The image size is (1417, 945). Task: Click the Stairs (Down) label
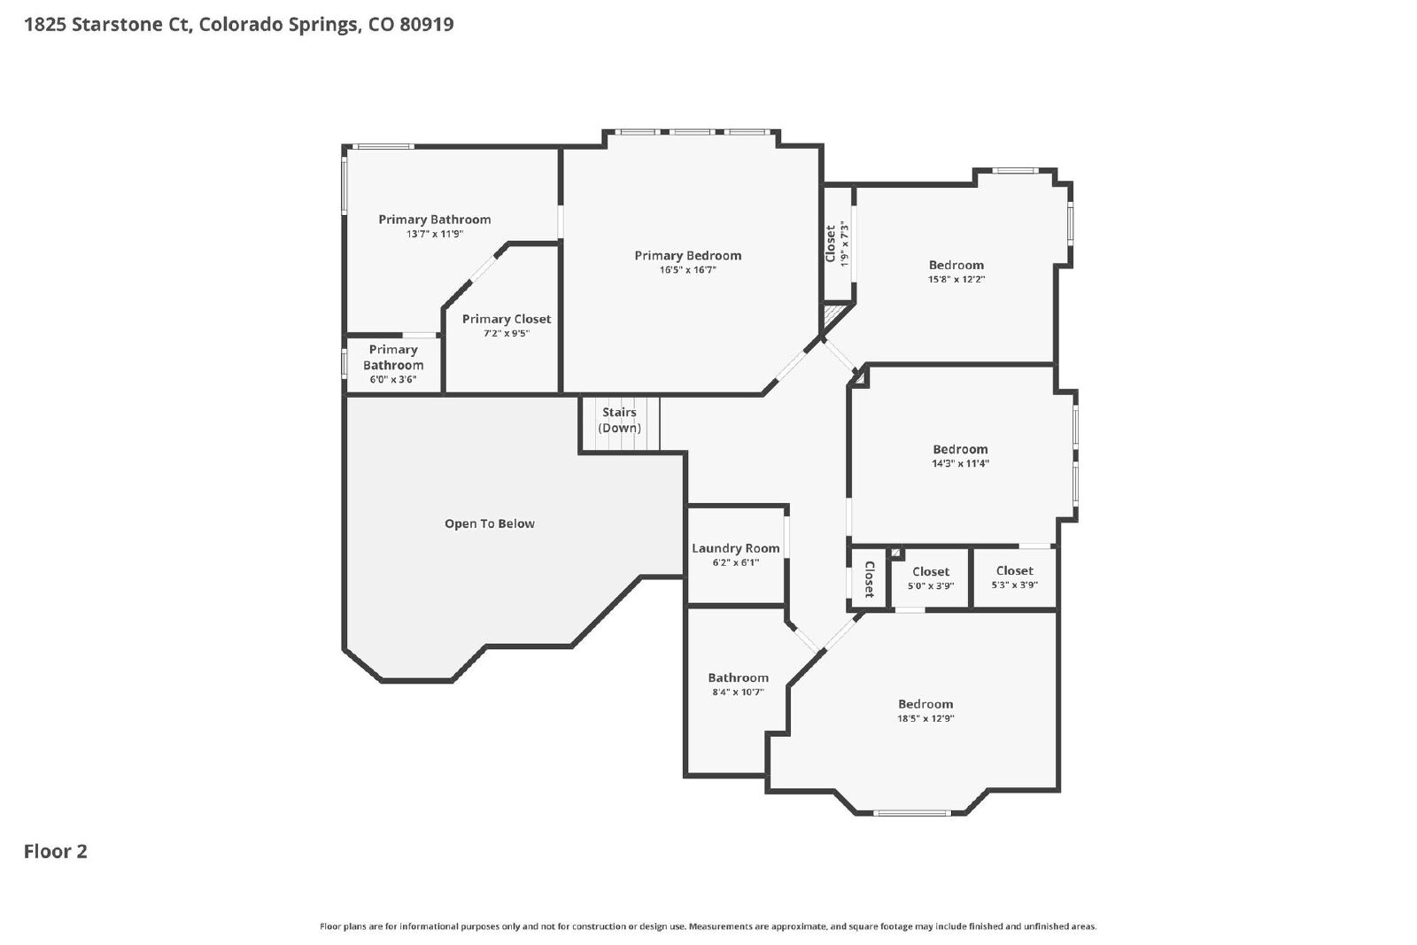(619, 420)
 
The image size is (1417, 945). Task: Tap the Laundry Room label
(736, 548)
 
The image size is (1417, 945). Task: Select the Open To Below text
(490, 523)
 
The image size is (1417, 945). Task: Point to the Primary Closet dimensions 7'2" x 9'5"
(507, 333)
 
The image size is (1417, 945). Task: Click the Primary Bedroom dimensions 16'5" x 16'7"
(687, 270)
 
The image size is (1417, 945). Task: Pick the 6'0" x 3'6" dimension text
(393, 380)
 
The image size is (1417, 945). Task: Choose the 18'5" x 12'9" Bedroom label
(925, 710)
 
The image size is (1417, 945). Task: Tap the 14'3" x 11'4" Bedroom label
(960, 455)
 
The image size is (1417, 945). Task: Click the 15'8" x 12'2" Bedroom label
(956, 271)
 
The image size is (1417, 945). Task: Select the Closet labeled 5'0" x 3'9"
(931, 578)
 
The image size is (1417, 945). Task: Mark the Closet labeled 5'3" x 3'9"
(1015, 577)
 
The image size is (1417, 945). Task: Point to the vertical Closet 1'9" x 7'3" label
(836, 244)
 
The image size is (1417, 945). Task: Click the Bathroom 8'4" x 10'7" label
(739, 684)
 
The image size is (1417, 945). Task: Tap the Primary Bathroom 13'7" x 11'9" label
(435, 226)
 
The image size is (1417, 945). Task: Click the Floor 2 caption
(56, 851)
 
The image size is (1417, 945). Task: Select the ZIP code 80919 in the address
(426, 25)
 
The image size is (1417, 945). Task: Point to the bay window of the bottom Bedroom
(911, 813)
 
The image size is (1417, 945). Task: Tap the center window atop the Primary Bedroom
(692, 132)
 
